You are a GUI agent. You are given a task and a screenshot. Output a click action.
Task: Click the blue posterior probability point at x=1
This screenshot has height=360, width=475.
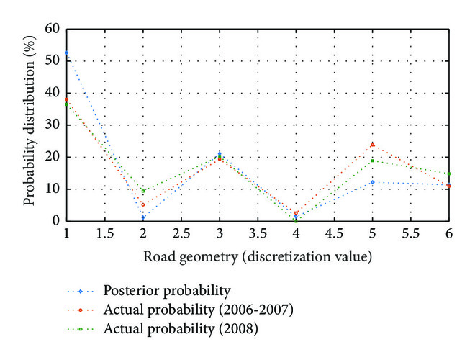67,53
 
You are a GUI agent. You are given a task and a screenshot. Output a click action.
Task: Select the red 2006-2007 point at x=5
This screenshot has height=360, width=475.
373,144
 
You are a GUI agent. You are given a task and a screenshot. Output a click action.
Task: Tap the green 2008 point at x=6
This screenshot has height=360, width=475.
449,174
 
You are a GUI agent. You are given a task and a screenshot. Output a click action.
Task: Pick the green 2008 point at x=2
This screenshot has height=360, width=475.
143,191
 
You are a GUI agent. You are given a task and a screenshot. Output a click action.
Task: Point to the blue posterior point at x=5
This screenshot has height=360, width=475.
373,182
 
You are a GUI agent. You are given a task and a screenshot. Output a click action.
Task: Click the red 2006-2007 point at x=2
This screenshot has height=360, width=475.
143,204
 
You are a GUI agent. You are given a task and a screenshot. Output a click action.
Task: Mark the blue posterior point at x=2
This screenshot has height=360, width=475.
143,217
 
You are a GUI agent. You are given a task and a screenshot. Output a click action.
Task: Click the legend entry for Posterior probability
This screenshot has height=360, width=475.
166,291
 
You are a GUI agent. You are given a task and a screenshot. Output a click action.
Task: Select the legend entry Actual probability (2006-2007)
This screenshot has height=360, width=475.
189,310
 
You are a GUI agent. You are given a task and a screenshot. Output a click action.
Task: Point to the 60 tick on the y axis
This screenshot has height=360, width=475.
52,30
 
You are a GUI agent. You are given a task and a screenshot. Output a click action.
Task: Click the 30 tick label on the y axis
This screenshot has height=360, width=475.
52,125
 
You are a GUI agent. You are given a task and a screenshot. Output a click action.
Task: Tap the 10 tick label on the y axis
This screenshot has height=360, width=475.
52,189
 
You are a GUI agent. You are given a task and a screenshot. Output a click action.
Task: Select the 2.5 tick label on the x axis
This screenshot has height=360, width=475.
181,235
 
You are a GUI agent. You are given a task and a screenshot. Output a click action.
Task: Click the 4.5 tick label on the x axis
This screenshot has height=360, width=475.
334,235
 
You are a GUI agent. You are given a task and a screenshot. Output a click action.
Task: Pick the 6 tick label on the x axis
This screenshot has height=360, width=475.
449,235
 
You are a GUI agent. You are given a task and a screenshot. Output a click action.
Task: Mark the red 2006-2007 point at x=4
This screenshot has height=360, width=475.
296,213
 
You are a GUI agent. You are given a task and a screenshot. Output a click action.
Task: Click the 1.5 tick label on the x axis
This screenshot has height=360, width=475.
105,235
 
